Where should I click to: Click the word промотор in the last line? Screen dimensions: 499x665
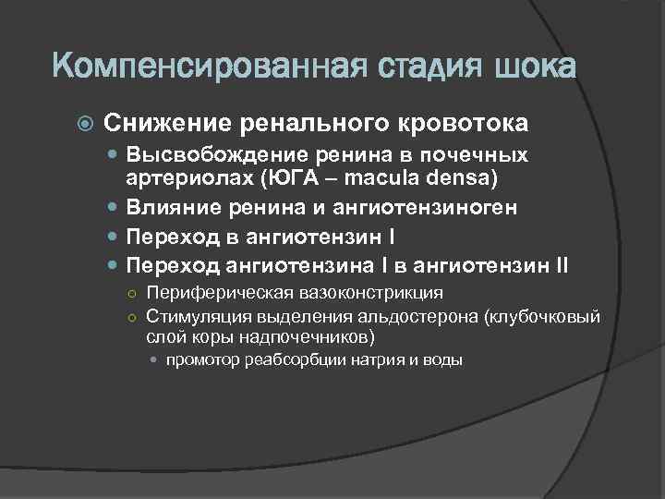click(202, 360)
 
